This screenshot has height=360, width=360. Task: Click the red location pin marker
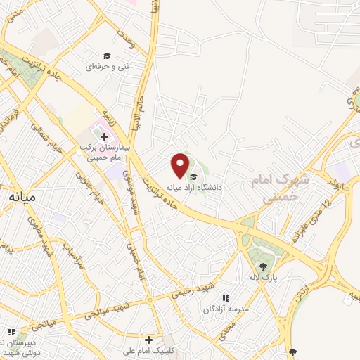180,165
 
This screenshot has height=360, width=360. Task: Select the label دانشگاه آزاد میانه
194,188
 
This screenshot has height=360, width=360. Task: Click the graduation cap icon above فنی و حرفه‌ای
106,56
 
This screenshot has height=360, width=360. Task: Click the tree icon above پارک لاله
263,266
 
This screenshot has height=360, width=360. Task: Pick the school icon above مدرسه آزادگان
226,298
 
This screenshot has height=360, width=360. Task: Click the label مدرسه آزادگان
224,309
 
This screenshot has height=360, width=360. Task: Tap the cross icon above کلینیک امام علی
148,340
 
